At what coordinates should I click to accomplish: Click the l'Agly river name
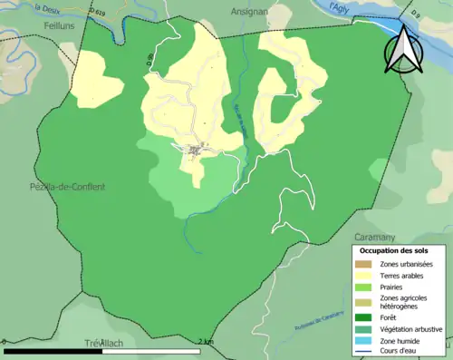[x=339, y=7]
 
